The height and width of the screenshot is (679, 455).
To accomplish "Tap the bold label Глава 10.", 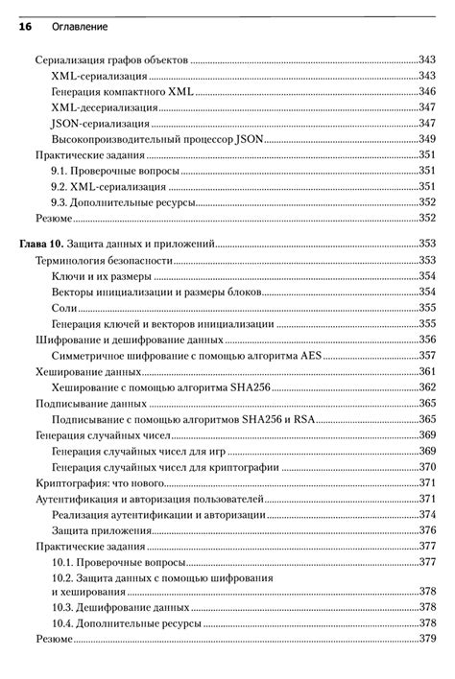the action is point(46,245).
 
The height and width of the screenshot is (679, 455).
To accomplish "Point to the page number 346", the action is point(426,91).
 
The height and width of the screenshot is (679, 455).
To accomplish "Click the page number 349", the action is point(426,139).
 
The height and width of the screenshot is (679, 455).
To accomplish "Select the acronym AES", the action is point(310,355).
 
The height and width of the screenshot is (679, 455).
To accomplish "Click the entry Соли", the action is point(64,308).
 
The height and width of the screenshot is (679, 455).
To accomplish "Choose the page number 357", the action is point(426,355).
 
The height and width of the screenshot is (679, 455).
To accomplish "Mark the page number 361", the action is point(426,371).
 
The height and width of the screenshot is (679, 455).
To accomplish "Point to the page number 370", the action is point(426,467).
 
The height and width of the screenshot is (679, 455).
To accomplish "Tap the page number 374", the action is point(426,515).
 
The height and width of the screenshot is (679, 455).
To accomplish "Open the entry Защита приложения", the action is point(102,530).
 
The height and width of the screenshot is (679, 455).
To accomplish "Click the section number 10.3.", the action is point(63,607).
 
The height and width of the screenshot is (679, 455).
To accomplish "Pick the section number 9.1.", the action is point(61,171).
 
